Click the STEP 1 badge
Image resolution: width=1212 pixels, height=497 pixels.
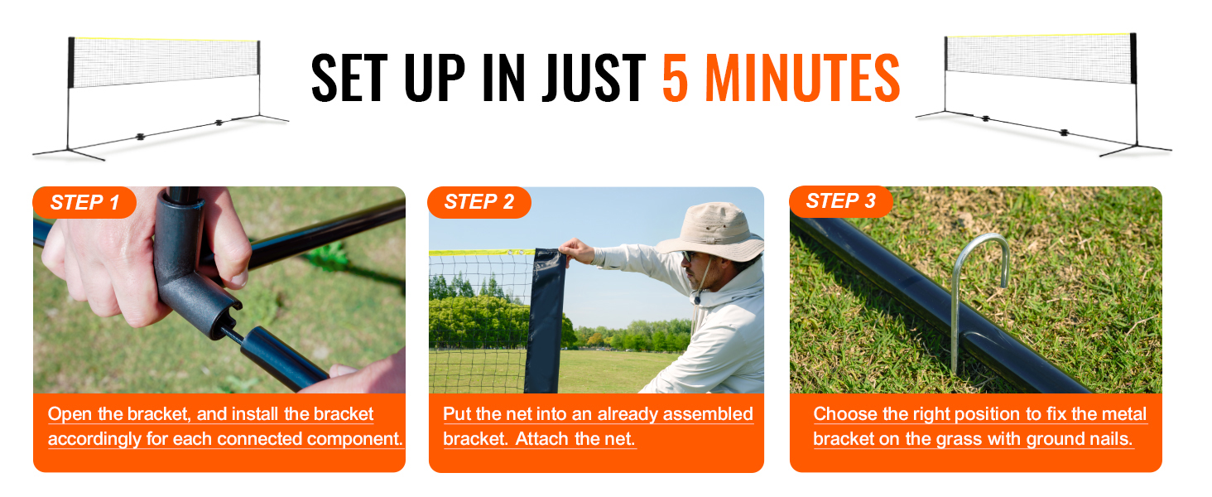coord(84,202)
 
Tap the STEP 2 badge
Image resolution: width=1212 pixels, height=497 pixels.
coord(479,202)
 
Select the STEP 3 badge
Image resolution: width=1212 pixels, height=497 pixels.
coord(841,201)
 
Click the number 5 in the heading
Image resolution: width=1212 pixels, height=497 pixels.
coord(675,79)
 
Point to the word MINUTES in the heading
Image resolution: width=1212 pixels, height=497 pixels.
coord(802,79)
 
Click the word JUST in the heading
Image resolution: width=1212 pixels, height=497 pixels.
coord(594,79)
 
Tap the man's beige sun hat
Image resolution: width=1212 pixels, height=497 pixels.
coord(709,230)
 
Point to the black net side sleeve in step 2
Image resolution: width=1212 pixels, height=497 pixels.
coord(546,321)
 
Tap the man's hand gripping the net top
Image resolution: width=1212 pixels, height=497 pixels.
coord(577,251)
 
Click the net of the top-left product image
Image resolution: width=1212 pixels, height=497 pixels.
coord(165,62)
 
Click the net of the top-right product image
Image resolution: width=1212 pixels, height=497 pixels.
coord(1039,59)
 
